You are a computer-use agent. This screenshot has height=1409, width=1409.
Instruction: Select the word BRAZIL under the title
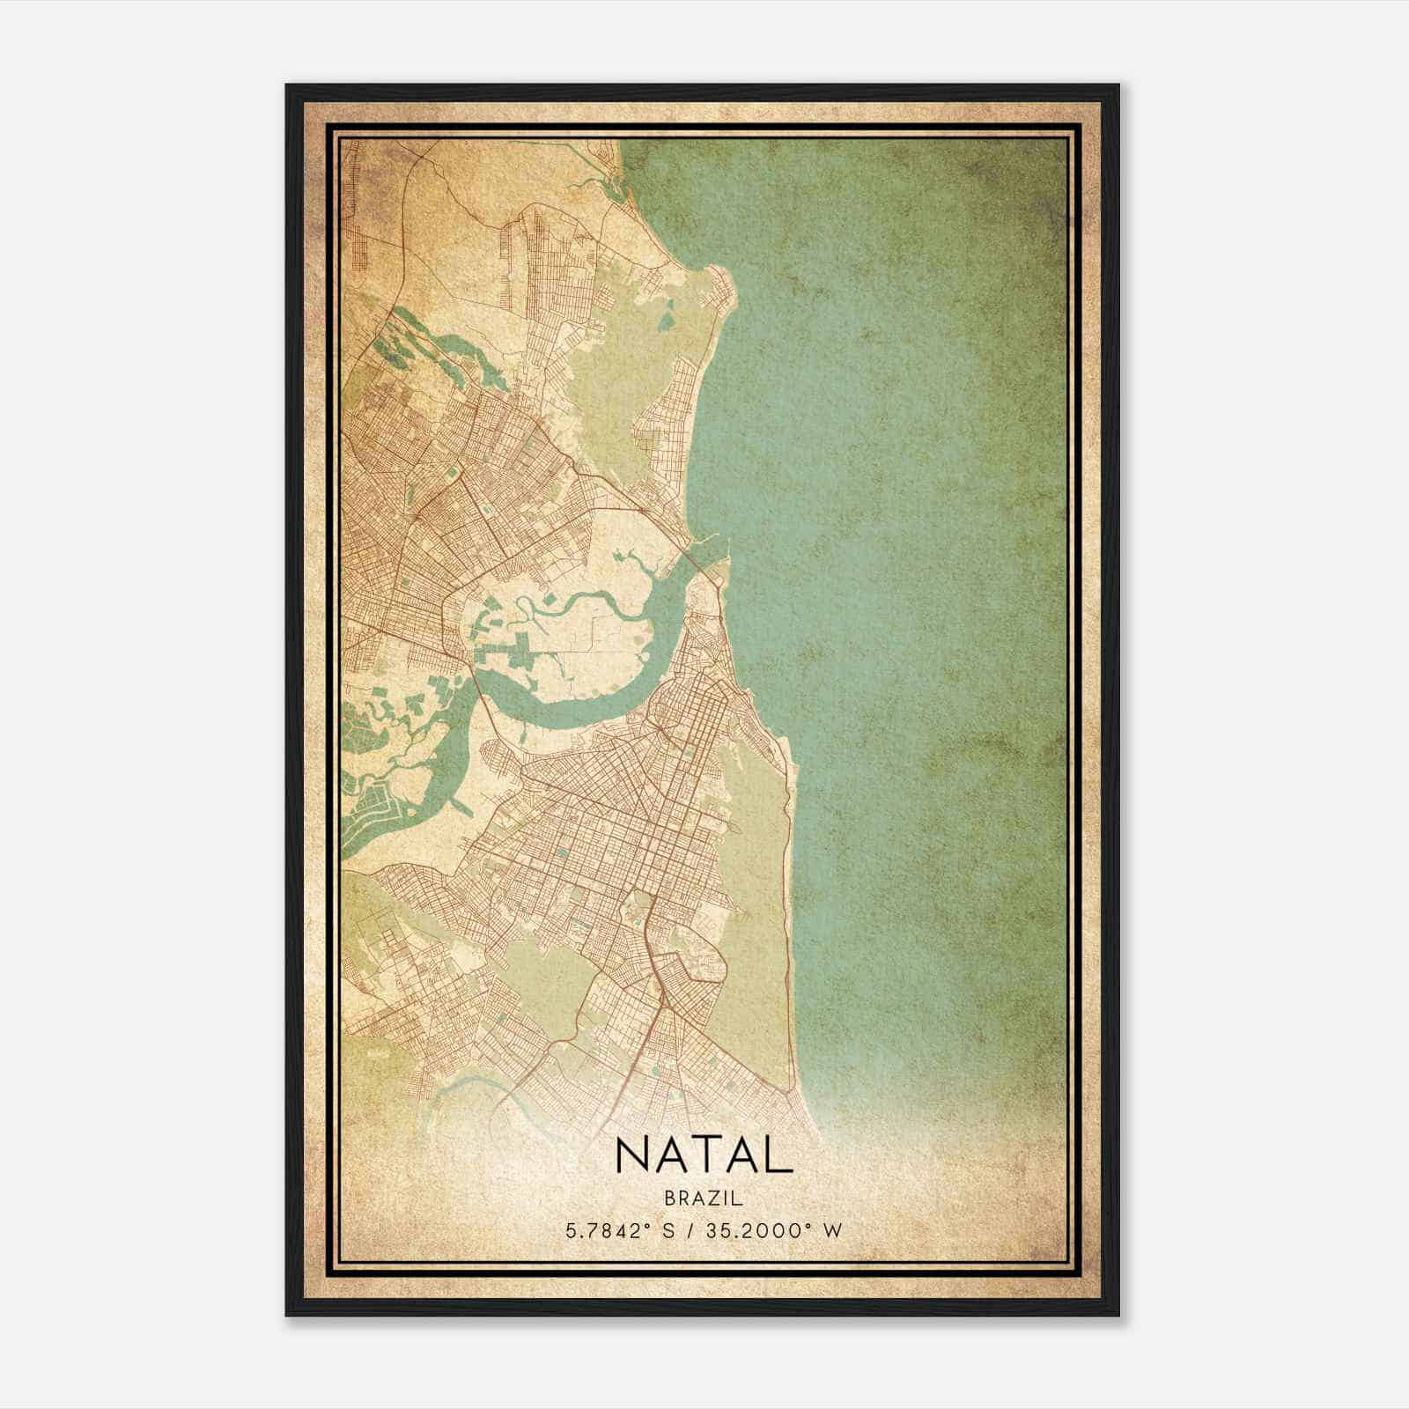pos(704,1199)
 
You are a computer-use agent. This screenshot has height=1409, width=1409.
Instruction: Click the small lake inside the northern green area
pos(668,312)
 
